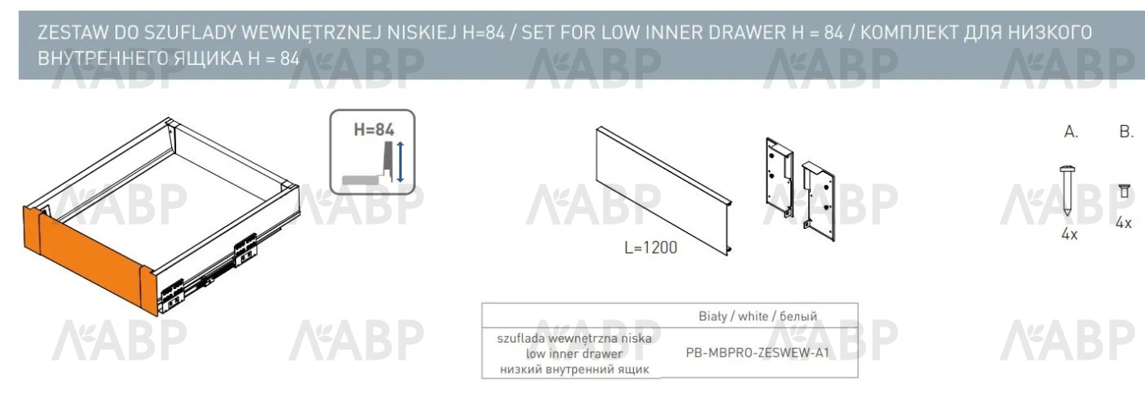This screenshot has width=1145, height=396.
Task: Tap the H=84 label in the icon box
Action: [x=374, y=130]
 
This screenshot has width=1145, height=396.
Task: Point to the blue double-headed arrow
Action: [x=400, y=162]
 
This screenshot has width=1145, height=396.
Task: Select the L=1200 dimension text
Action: [x=651, y=247]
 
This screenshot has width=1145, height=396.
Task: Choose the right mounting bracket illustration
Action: [x=818, y=201]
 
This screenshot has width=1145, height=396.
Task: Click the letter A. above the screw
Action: [x=1071, y=132]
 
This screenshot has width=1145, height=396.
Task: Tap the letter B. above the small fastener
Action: [x=1127, y=132]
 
